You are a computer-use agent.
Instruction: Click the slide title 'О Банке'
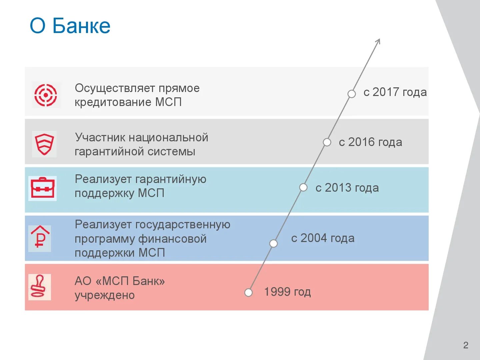coord(70,26)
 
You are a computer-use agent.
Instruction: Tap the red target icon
coord(46,95)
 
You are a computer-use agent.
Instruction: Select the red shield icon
coord(45,144)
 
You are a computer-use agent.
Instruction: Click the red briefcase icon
coord(42,188)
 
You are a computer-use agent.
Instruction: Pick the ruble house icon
coord(40,238)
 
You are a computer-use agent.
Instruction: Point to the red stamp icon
coord(40,287)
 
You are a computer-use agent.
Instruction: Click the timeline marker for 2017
coord(351,94)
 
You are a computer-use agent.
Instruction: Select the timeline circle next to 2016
coord(327,142)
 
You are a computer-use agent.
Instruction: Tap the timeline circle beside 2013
coord(303,187)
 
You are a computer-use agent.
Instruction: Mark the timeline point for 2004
coord(273,244)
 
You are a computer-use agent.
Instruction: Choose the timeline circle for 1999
coord(248,292)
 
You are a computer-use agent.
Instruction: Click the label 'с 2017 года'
coord(395,92)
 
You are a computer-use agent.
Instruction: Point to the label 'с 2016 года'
coord(370,142)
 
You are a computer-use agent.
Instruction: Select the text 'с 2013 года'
coord(347,188)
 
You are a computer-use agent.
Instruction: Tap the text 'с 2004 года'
coord(323,238)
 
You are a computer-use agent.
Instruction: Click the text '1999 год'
coord(287,292)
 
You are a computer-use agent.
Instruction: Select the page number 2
coord(466,345)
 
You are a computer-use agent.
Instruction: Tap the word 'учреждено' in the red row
coord(105,295)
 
